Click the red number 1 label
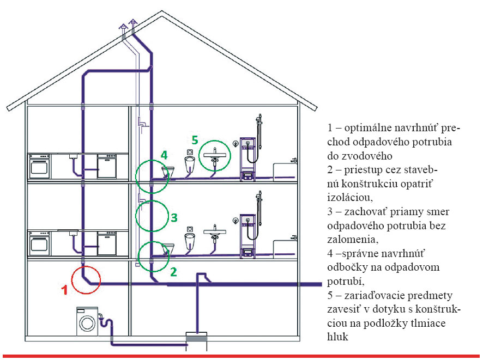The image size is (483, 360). coord(64,290)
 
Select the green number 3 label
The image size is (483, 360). coord(174,217)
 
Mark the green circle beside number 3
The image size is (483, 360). coord(152,215)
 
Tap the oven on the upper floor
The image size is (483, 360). coord(40,166)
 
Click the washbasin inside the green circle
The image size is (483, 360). coord(216,156)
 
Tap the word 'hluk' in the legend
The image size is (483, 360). coord(339,338)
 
